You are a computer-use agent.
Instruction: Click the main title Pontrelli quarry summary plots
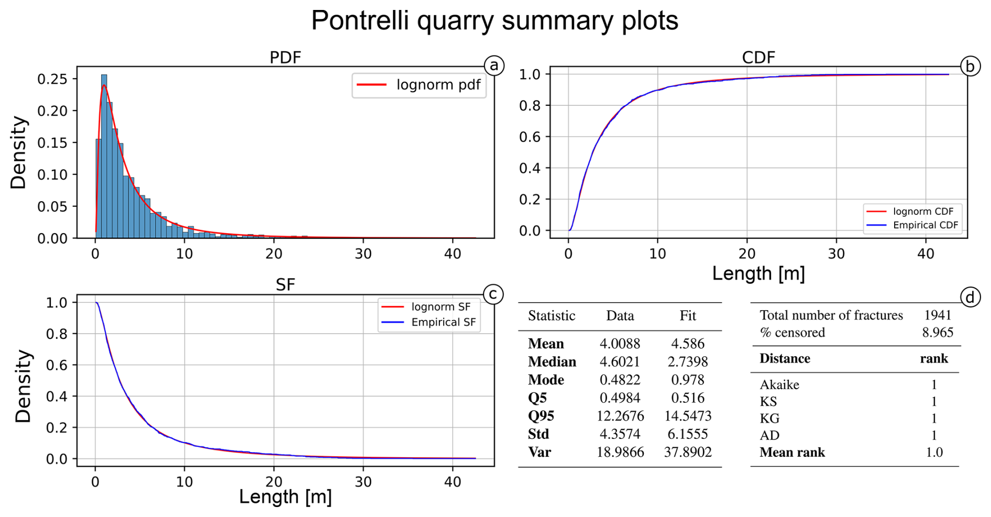point(494,21)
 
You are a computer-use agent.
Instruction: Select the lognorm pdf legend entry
point(419,85)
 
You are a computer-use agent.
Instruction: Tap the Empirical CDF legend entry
point(913,225)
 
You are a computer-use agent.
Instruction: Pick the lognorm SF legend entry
point(426,307)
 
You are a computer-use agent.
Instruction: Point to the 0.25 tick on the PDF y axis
point(52,79)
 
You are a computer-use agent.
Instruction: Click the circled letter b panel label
point(970,67)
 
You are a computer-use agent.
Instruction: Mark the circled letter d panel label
point(970,298)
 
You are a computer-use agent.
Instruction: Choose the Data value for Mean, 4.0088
point(620,344)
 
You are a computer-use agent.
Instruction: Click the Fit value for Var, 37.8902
point(688,452)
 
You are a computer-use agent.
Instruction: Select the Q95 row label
point(541,416)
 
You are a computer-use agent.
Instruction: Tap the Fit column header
point(688,316)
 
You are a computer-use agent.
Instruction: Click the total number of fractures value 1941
point(937,315)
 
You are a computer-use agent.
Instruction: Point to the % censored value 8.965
point(937,333)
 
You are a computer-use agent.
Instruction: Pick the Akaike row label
point(779,385)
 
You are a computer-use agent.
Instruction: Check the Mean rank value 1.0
point(934,453)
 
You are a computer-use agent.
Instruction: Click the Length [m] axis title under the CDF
point(758,274)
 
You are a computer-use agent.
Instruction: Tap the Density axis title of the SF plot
point(23,386)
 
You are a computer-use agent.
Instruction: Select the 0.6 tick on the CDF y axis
point(530,137)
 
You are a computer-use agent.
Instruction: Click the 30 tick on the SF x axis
point(363,482)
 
